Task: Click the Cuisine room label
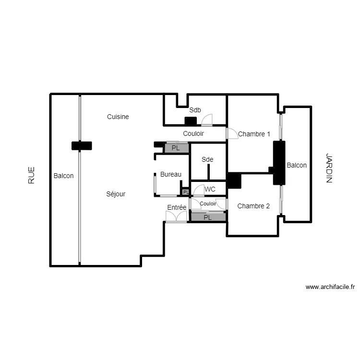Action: (118, 117)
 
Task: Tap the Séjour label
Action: (116, 194)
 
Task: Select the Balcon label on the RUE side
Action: (64, 176)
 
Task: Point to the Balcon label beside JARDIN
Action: (297, 165)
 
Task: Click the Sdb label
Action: (194, 110)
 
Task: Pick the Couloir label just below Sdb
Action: (193, 134)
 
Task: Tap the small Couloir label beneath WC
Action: (208, 204)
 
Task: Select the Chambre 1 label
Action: (254, 134)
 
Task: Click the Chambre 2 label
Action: (253, 206)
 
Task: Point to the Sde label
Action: (207, 159)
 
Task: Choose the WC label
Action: (210, 190)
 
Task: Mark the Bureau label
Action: (171, 174)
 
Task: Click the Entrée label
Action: (177, 207)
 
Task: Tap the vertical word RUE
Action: (32, 175)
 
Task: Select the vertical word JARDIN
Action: (329, 168)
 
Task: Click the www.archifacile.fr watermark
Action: (330, 287)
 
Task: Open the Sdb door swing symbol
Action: (207, 120)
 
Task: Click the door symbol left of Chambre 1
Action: (232, 133)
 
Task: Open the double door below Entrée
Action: (176, 216)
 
